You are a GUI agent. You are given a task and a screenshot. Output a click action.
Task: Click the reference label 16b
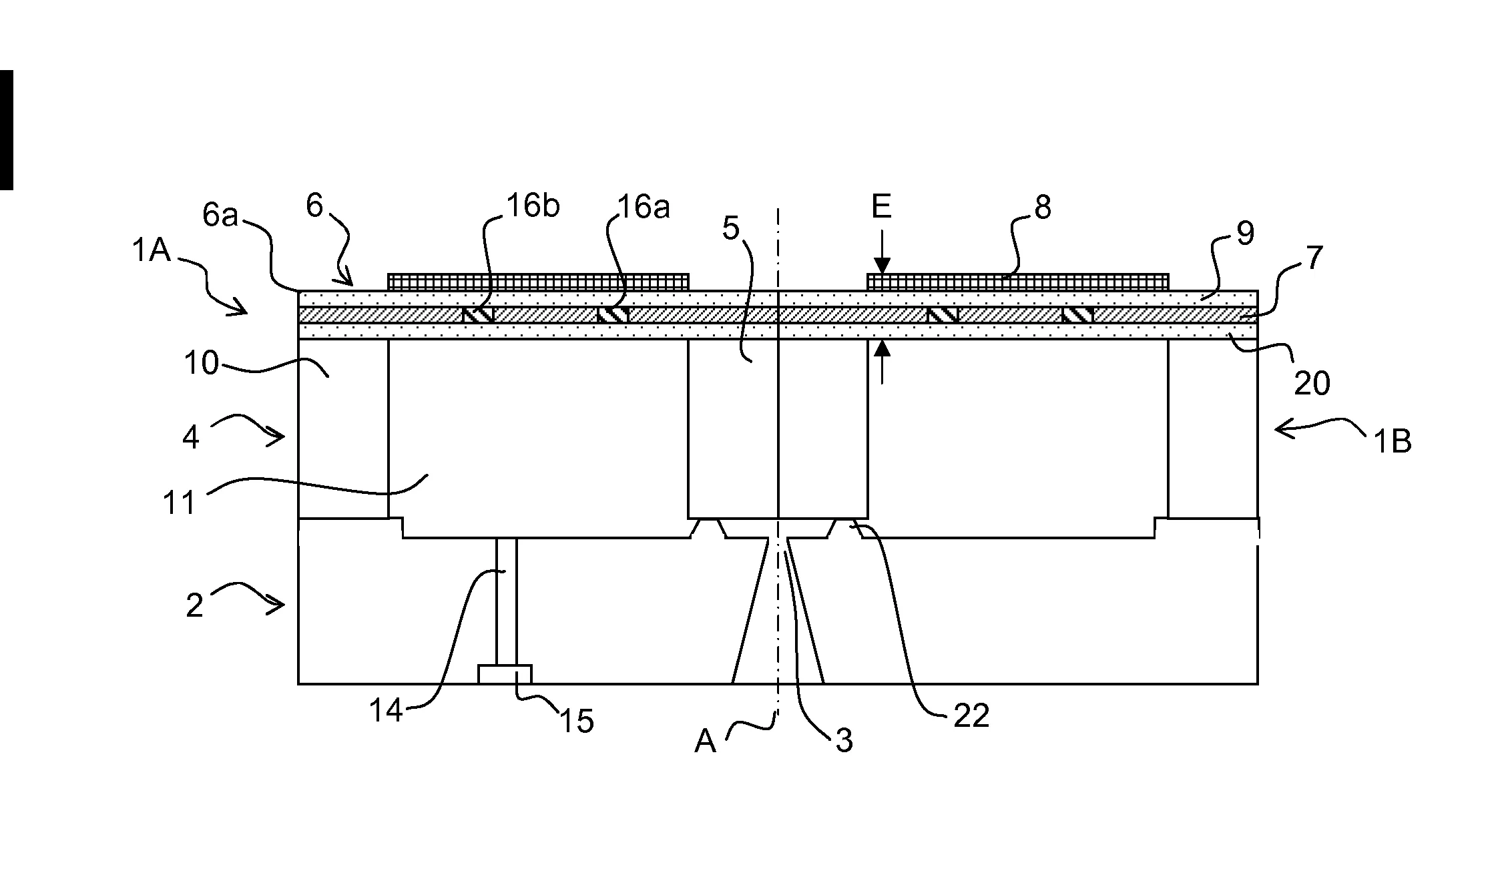(x=532, y=207)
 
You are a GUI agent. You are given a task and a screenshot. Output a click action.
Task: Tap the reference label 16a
(x=642, y=208)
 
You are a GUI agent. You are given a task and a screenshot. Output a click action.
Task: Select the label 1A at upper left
(x=152, y=252)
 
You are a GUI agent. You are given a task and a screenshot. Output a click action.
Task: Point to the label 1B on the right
(x=1392, y=442)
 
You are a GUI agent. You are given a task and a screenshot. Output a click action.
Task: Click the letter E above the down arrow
(x=881, y=208)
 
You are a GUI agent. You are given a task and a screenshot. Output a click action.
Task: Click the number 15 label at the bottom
(x=576, y=721)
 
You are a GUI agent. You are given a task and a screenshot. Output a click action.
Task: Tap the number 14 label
(x=387, y=711)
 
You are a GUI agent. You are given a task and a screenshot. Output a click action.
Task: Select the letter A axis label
(x=705, y=741)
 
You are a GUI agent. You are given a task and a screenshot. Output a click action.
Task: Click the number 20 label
(x=1312, y=383)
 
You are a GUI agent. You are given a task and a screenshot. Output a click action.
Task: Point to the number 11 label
(x=179, y=503)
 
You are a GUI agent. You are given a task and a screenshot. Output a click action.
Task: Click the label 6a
(x=220, y=216)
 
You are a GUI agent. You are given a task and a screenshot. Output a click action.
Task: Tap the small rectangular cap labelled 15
(x=505, y=674)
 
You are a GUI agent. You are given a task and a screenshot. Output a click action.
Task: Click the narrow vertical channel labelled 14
(x=506, y=601)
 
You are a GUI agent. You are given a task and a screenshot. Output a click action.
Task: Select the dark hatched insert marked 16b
(x=478, y=314)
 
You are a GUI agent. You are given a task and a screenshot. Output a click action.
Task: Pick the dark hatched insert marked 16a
(x=613, y=314)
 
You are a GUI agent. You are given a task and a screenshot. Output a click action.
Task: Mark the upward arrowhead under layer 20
(x=882, y=347)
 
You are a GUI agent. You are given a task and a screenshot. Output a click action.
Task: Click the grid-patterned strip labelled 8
(x=1017, y=282)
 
